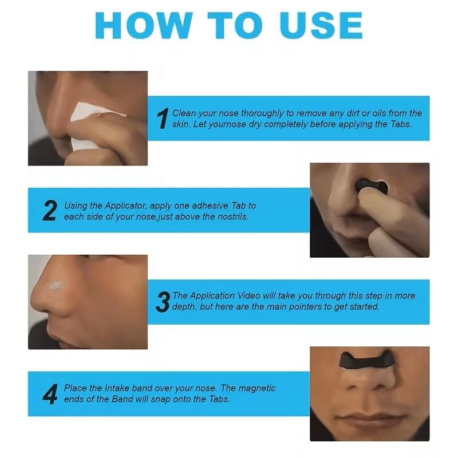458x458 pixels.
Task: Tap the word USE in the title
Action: [x=321, y=26]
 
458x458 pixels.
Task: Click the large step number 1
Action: [x=163, y=119]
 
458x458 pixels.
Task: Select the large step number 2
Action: [x=49, y=210]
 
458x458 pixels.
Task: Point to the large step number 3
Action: [x=163, y=302]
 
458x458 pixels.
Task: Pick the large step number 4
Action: [x=50, y=394]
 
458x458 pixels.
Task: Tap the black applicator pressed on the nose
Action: [x=371, y=187]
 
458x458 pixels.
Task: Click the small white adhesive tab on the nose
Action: [x=56, y=285]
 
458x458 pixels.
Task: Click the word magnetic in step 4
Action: [x=256, y=388]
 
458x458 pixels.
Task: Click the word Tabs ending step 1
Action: [x=401, y=124]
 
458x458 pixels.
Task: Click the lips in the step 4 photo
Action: [x=371, y=420]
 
